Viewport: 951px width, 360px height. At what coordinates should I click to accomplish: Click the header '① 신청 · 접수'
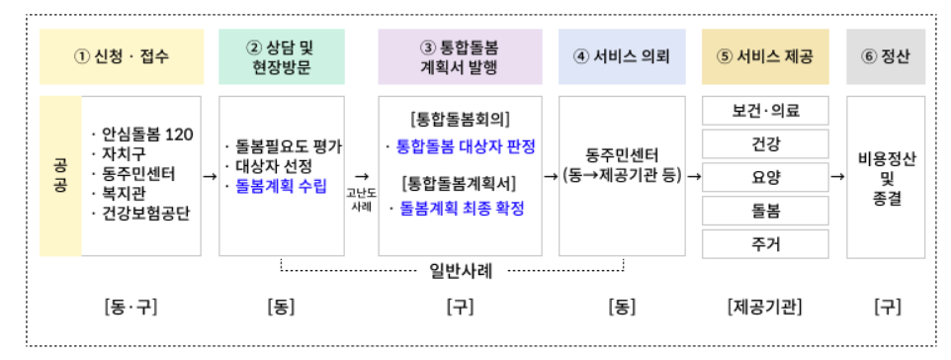click(x=122, y=56)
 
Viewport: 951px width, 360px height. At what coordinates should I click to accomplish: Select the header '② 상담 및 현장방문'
click(x=282, y=56)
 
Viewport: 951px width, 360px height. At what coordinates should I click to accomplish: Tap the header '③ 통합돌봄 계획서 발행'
click(x=460, y=56)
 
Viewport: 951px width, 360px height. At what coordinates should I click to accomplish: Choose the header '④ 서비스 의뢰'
click(x=622, y=56)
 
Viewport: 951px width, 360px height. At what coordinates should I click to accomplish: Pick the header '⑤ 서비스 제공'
click(x=764, y=56)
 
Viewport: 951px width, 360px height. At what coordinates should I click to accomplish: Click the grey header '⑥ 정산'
click(x=886, y=56)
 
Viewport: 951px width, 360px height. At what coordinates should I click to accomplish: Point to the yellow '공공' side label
click(x=60, y=176)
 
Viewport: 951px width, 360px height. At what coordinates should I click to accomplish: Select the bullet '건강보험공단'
click(x=144, y=214)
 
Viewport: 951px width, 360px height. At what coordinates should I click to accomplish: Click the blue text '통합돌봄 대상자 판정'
click(x=462, y=146)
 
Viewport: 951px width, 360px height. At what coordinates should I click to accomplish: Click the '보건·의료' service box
click(x=764, y=111)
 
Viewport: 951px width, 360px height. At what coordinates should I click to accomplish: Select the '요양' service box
click(x=764, y=177)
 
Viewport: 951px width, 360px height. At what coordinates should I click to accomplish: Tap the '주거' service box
click(x=764, y=243)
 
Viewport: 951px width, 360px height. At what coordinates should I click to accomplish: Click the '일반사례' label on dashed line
click(x=454, y=267)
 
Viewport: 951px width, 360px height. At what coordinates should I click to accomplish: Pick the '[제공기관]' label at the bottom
click(x=764, y=307)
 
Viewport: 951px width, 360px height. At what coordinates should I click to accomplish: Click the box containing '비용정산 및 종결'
click(x=886, y=176)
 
